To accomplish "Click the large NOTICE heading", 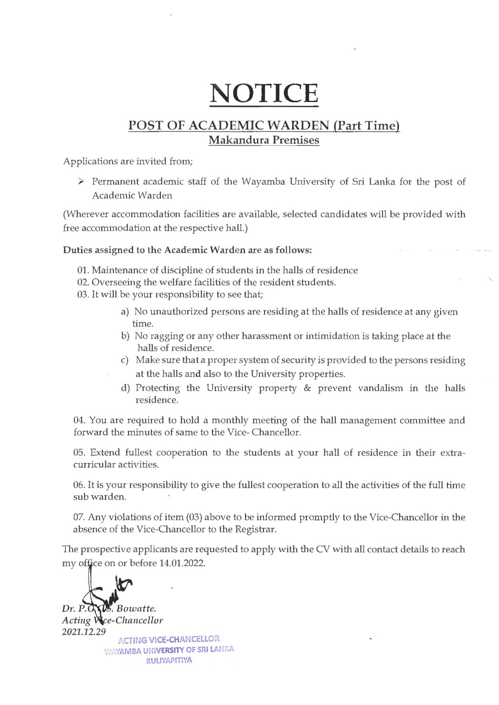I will click(x=264, y=93).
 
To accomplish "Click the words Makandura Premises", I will click(x=264, y=140).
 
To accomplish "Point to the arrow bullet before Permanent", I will click(x=81, y=182).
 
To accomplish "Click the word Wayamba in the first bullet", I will click(x=262, y=182).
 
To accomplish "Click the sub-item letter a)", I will click(x=125, y=312).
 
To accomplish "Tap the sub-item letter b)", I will click(x=125, y=336).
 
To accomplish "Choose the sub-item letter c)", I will click(x=125, y=360).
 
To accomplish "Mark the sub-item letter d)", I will click(x=125, y=388).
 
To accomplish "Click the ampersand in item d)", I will click(x=307, y=388).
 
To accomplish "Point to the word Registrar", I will click(x=255, y=529).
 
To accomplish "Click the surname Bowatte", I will click(x=136, y=608).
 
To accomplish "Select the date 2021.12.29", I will click(x=84, y=632).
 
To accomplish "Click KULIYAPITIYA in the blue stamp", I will click(x=169, y=660).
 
